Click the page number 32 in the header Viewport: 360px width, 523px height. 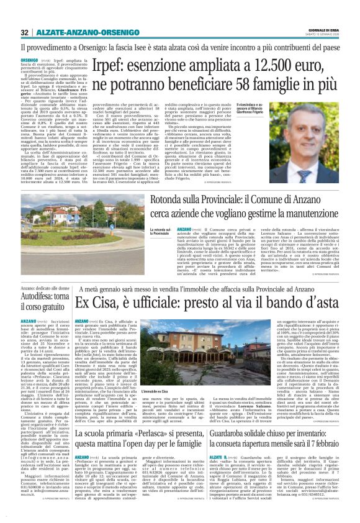(x=24, y=32)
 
